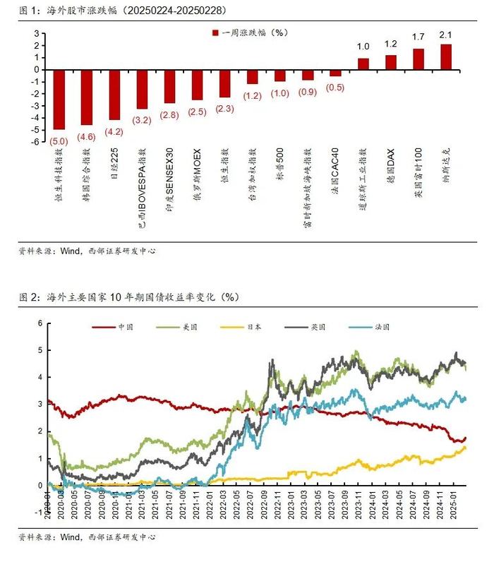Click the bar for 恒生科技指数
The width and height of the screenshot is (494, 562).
coord(59,99)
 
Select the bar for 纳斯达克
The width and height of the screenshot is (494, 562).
coord(445,56)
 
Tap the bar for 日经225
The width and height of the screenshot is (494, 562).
coord(114,95)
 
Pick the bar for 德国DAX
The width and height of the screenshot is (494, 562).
coord(390,62)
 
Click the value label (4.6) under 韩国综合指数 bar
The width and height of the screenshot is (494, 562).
coord(87,136)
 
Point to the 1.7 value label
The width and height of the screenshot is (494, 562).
coord(418,37)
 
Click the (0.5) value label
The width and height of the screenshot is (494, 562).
coord(335,88)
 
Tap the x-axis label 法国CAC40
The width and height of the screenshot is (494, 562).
coord(336,172)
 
